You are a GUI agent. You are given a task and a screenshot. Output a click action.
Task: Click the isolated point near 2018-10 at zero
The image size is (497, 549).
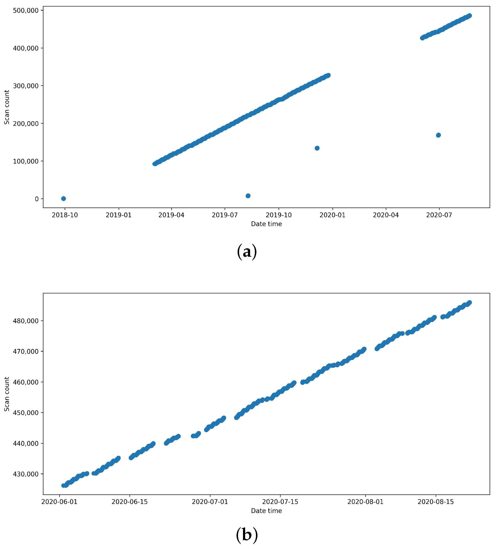coord(63,199)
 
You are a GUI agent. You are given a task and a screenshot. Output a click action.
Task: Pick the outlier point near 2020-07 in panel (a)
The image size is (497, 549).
coord(438,135)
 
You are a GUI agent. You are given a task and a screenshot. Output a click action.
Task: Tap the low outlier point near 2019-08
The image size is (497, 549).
coord(248,196)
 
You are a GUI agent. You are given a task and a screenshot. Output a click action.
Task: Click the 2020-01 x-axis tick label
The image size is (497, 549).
coord(332,215)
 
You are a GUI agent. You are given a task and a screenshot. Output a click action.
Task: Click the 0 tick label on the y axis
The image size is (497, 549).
coord(37,199)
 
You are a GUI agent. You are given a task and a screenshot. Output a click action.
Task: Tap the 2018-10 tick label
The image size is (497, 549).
coord(65,215)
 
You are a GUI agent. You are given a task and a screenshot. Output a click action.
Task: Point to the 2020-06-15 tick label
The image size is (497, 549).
coord(129,502)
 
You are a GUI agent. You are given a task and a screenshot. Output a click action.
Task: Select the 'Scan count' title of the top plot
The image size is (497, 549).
coord(7,107)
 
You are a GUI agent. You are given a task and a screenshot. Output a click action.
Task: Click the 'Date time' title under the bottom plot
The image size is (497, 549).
coord(266,511)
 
